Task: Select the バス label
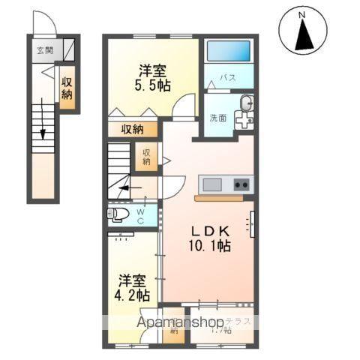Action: click(x=229, y=77)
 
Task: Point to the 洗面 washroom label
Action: click(x=218, y=117)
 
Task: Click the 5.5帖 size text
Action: click(x=153, y=85)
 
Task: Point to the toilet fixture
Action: click(x=119, y=214)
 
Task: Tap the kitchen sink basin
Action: click(x=211, y=184)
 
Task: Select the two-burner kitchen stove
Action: click(x=241, y=184)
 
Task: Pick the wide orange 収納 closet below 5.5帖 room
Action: click(x=132, y=129)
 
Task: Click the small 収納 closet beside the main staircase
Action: click(x=145, y=157)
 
